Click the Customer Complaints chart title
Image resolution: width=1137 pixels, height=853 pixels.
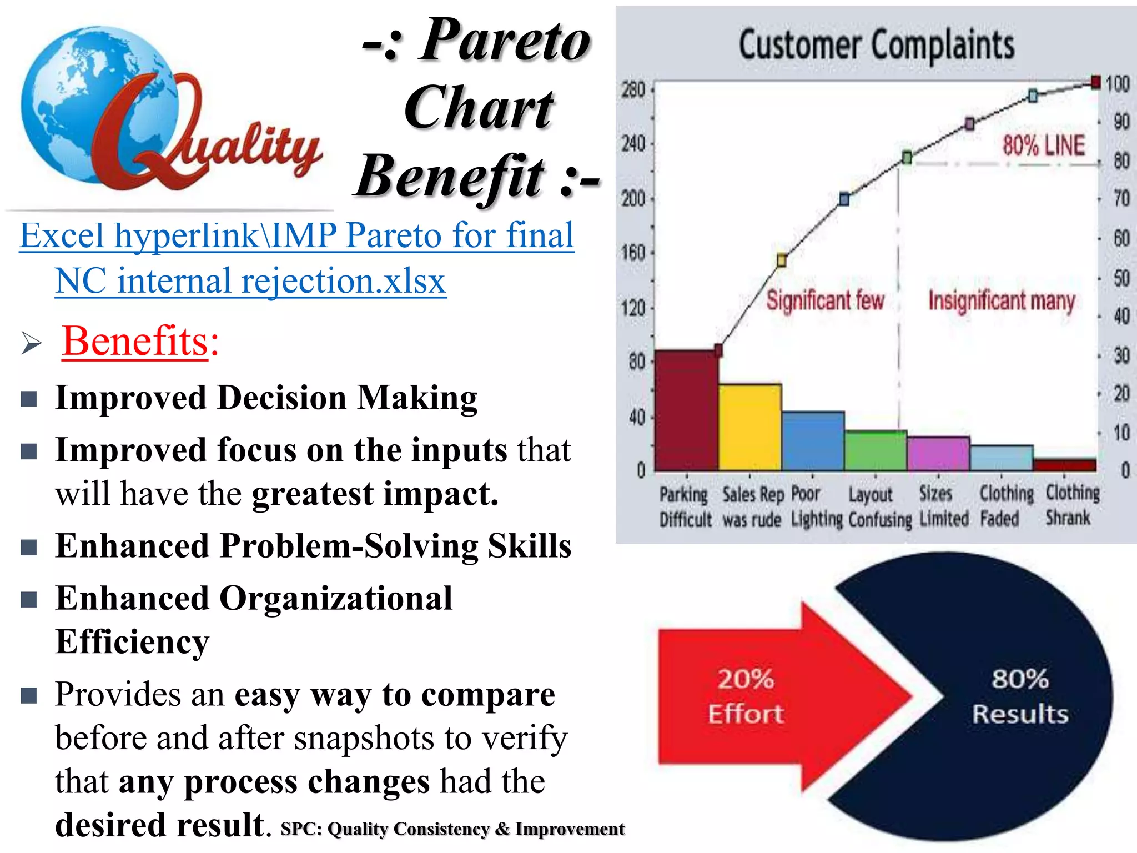876,46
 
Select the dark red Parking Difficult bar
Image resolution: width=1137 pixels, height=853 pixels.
686,411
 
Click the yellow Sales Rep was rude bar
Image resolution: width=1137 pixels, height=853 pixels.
749,428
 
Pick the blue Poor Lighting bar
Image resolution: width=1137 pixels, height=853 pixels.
813,441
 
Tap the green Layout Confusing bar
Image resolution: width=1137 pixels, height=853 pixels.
876,451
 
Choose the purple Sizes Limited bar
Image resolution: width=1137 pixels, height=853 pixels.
938,454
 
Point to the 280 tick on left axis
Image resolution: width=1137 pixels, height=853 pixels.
633,89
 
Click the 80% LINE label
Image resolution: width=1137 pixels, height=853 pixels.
1043,145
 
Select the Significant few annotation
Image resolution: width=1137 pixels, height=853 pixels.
825,300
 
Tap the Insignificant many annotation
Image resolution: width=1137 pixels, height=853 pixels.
1002,300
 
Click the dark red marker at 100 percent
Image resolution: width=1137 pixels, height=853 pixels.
1095,83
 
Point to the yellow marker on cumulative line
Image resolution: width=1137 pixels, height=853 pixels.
781,260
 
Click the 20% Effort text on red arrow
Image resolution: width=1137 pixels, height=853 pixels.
745,696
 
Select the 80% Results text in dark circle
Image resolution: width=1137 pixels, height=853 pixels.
1020,696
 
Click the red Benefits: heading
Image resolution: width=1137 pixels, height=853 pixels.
140,341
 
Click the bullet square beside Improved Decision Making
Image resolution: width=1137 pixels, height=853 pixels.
29,399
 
